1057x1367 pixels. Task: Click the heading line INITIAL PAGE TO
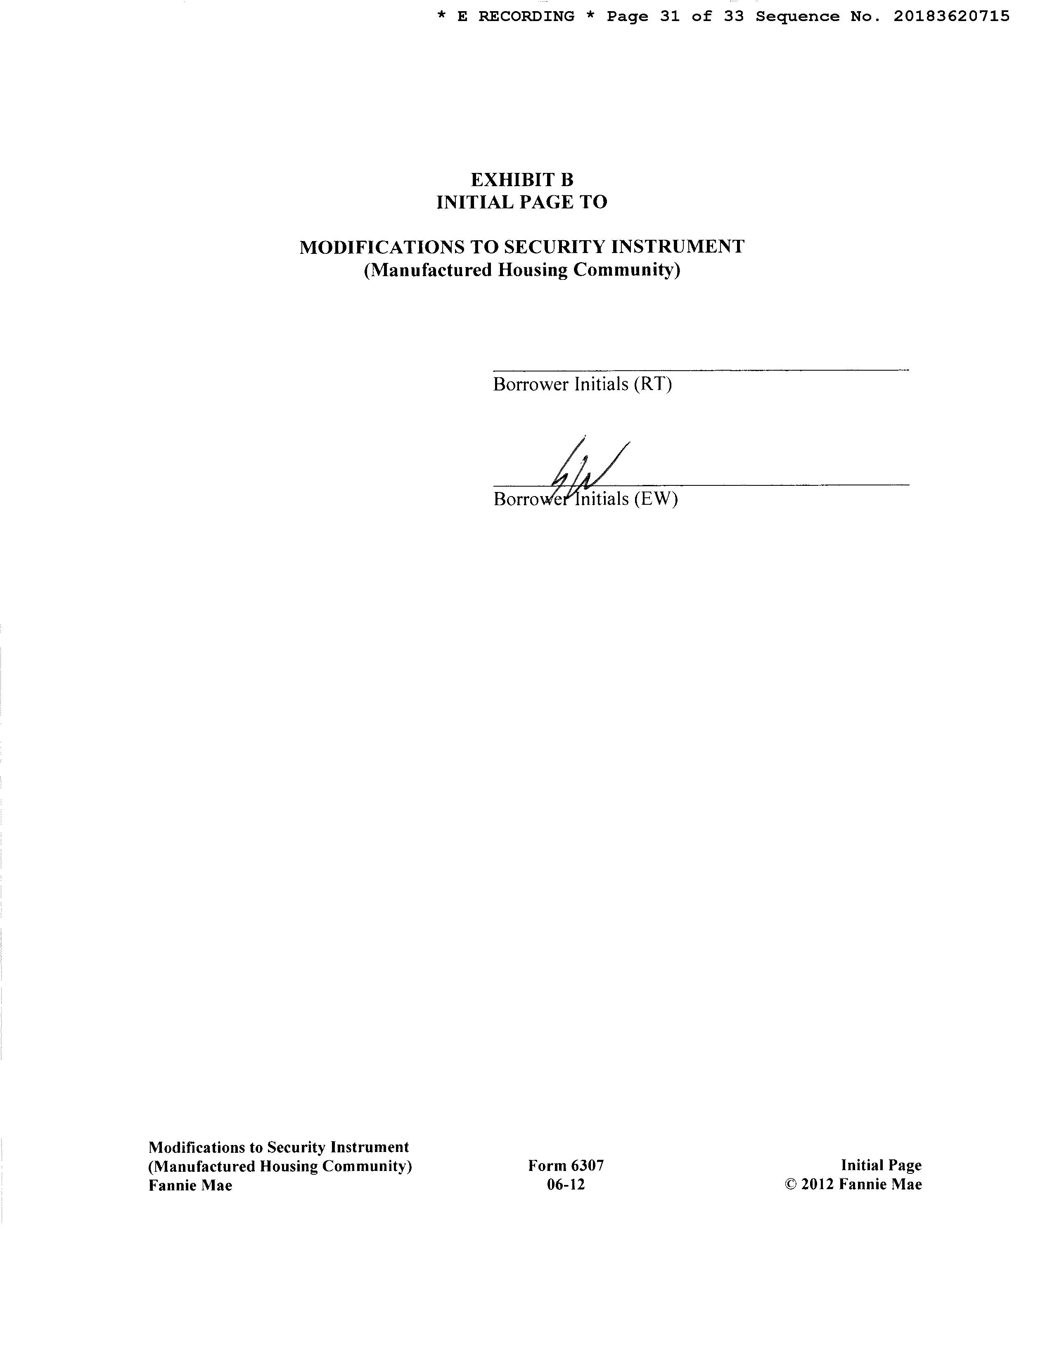coord(521,202)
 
